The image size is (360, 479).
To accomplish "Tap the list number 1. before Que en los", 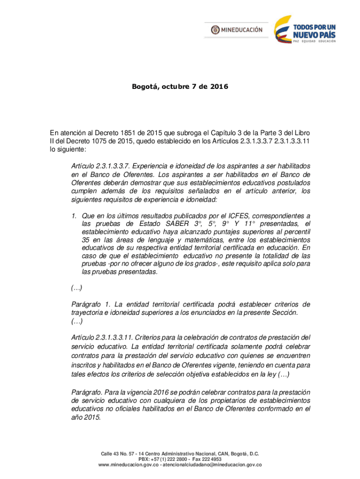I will (x=74, y=216).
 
